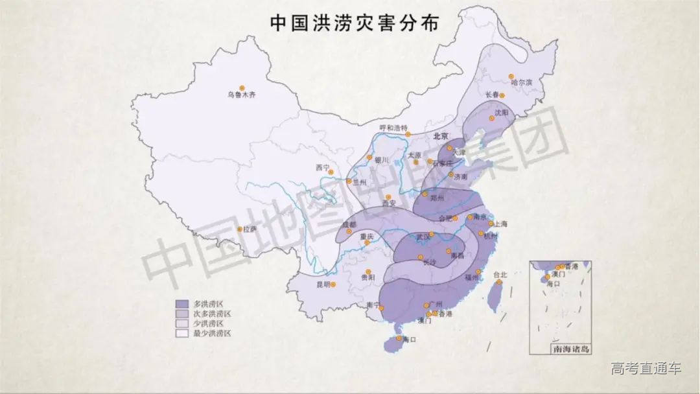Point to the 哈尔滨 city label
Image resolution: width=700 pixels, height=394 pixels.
pyautogui.click(x=520, y=83)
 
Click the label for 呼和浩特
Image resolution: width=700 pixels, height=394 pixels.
pyautogui.click(x=393, y=128)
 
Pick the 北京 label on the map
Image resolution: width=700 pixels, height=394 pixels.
pyautogui.click(x=440, y=136)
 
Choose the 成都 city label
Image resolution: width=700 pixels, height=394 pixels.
pyautogui.click(x=349, y=225)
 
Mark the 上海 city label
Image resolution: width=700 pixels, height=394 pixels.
pyautogui.click(x=500, y=224)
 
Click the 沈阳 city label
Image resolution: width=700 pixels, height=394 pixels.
pyautogui.click(x=502, y=113)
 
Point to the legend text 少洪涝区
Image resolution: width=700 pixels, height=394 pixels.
pyautogui.click(x=207, y=323)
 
